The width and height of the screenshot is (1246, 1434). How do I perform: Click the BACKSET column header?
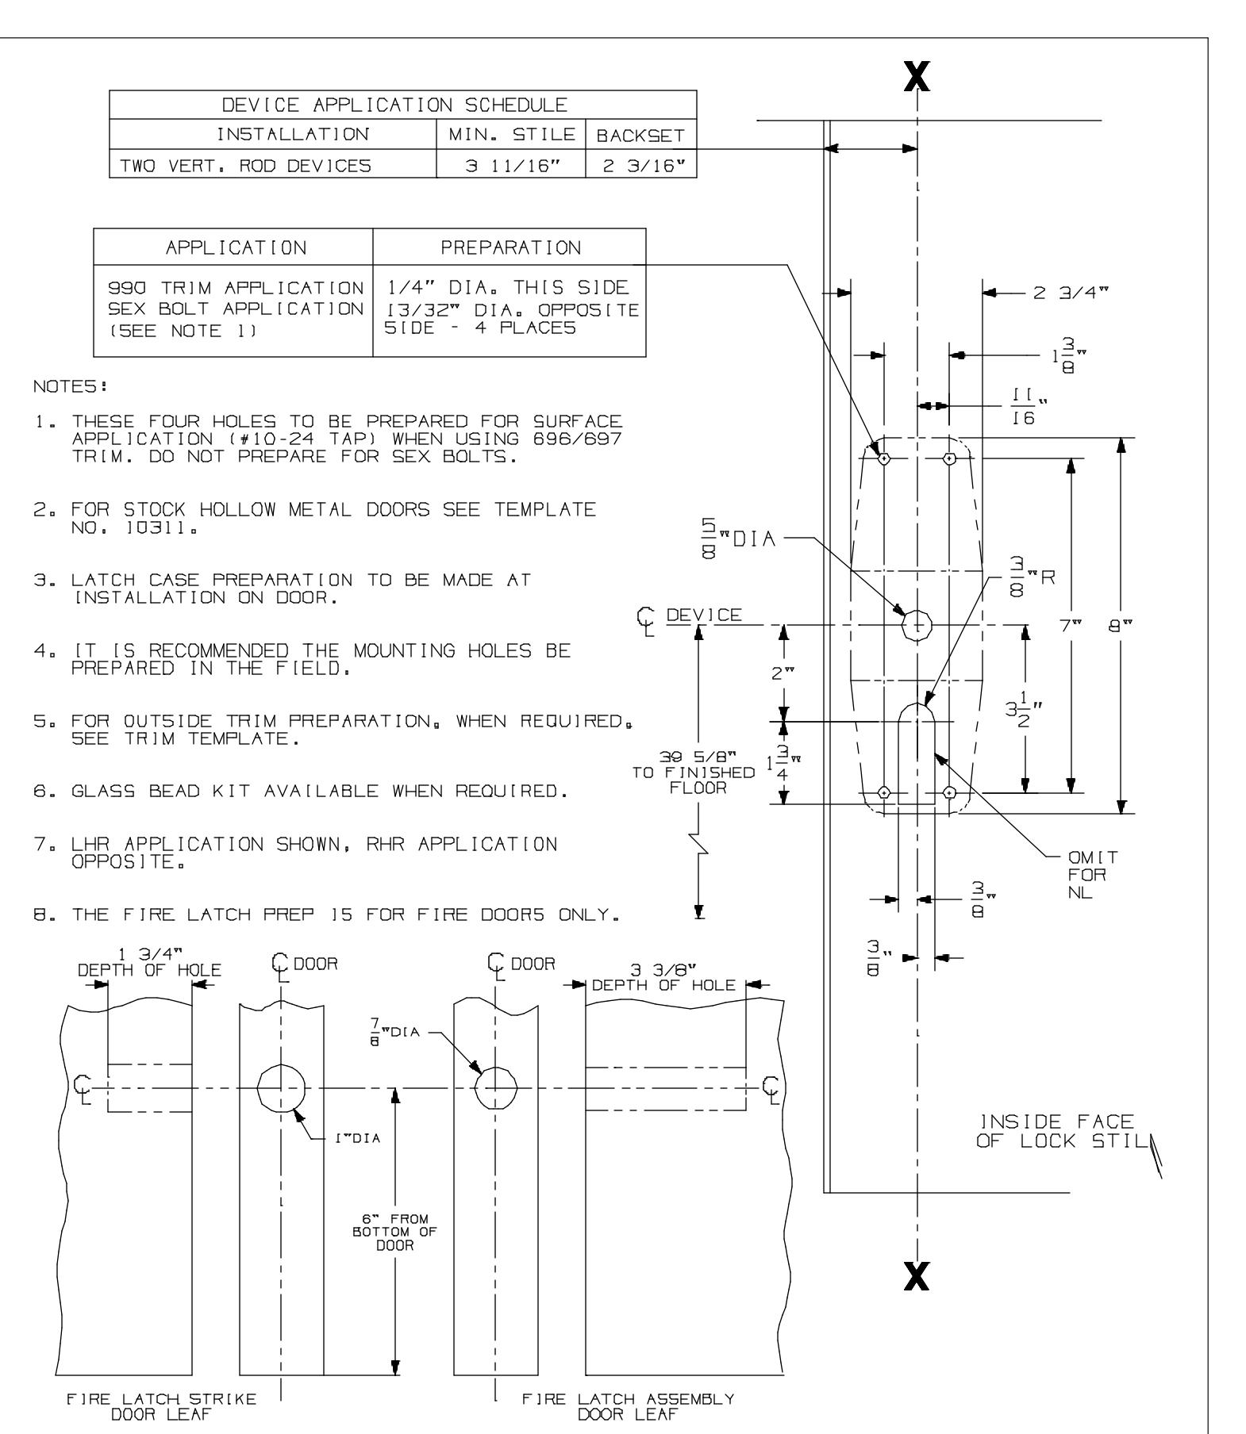point(640,136)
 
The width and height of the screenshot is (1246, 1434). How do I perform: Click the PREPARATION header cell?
point(511,247)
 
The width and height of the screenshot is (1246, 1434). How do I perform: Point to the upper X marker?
point(917,77)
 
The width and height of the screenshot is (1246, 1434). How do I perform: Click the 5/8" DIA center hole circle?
point(917,625)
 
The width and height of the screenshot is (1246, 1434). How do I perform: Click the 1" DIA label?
point(357,1139)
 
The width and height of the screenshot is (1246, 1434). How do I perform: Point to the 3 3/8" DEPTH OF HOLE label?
point(663,977)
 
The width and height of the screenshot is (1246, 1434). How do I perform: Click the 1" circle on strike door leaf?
point(282,1087)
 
